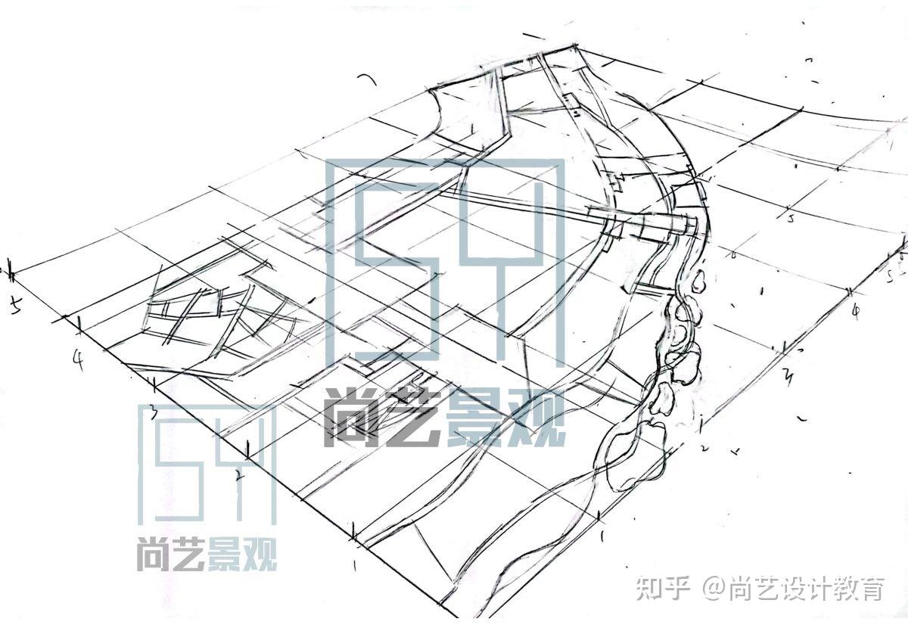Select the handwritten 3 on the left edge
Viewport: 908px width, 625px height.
152,412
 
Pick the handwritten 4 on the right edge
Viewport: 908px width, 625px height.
855,311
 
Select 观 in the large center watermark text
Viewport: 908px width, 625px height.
536,418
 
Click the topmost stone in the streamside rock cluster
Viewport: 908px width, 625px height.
698,282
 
